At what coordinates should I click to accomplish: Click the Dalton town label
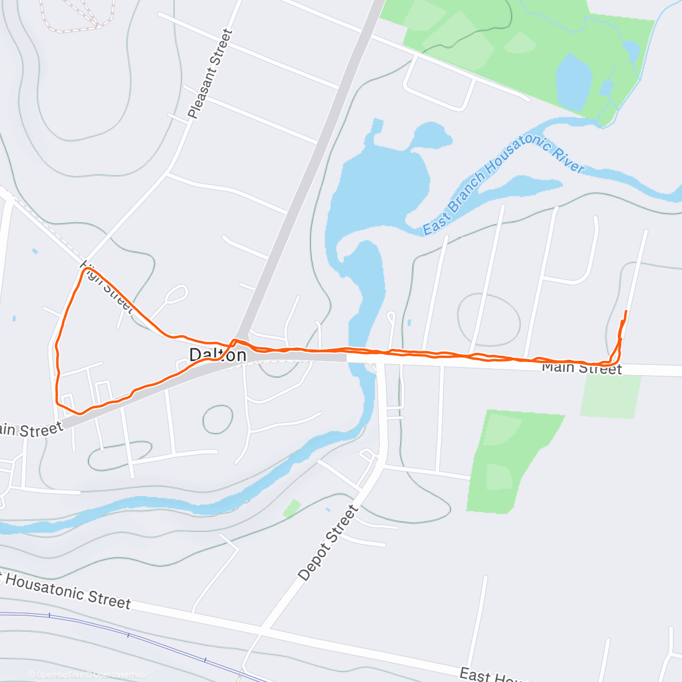(218, 355)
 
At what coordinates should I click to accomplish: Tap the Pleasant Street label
(210, 74)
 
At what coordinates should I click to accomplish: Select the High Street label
(107, 287)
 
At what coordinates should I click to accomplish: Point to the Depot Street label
(328, 543)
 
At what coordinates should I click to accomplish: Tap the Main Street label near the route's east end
(581, 368)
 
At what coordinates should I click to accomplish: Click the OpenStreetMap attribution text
(119, 675)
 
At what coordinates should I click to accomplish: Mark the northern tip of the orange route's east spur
(626, 311)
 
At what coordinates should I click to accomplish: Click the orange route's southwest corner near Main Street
(57, 402)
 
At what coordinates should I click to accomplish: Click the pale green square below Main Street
(610, 396)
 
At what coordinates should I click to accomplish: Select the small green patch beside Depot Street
(292, 509)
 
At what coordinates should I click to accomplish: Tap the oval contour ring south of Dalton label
(218, 419)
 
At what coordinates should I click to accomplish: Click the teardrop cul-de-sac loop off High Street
(177, 294)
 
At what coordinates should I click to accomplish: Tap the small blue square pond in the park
(606, 88)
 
